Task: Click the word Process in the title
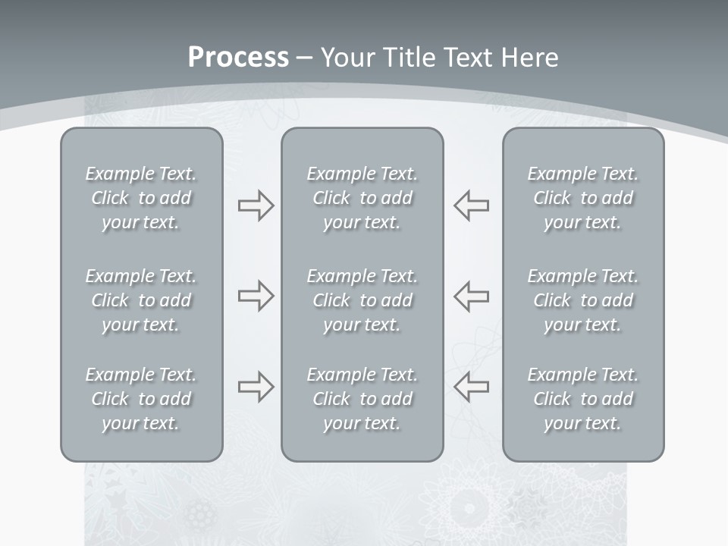point(238,58)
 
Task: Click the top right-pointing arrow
point(256,206)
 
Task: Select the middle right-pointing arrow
point(256,296)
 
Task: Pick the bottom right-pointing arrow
point(256,387)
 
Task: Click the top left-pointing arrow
point(471,206)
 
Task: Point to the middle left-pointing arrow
point(471,296)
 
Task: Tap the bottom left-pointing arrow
point(471,387)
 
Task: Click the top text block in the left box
point(141,198)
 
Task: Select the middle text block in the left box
point(141,300)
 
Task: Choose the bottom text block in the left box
point(141,399)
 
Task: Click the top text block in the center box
point(362,198)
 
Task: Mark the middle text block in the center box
point(362,300)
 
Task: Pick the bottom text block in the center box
point(362,399)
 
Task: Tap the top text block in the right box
point(583,198)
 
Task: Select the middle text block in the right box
point(583,300)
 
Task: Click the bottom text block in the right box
point(583,399)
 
